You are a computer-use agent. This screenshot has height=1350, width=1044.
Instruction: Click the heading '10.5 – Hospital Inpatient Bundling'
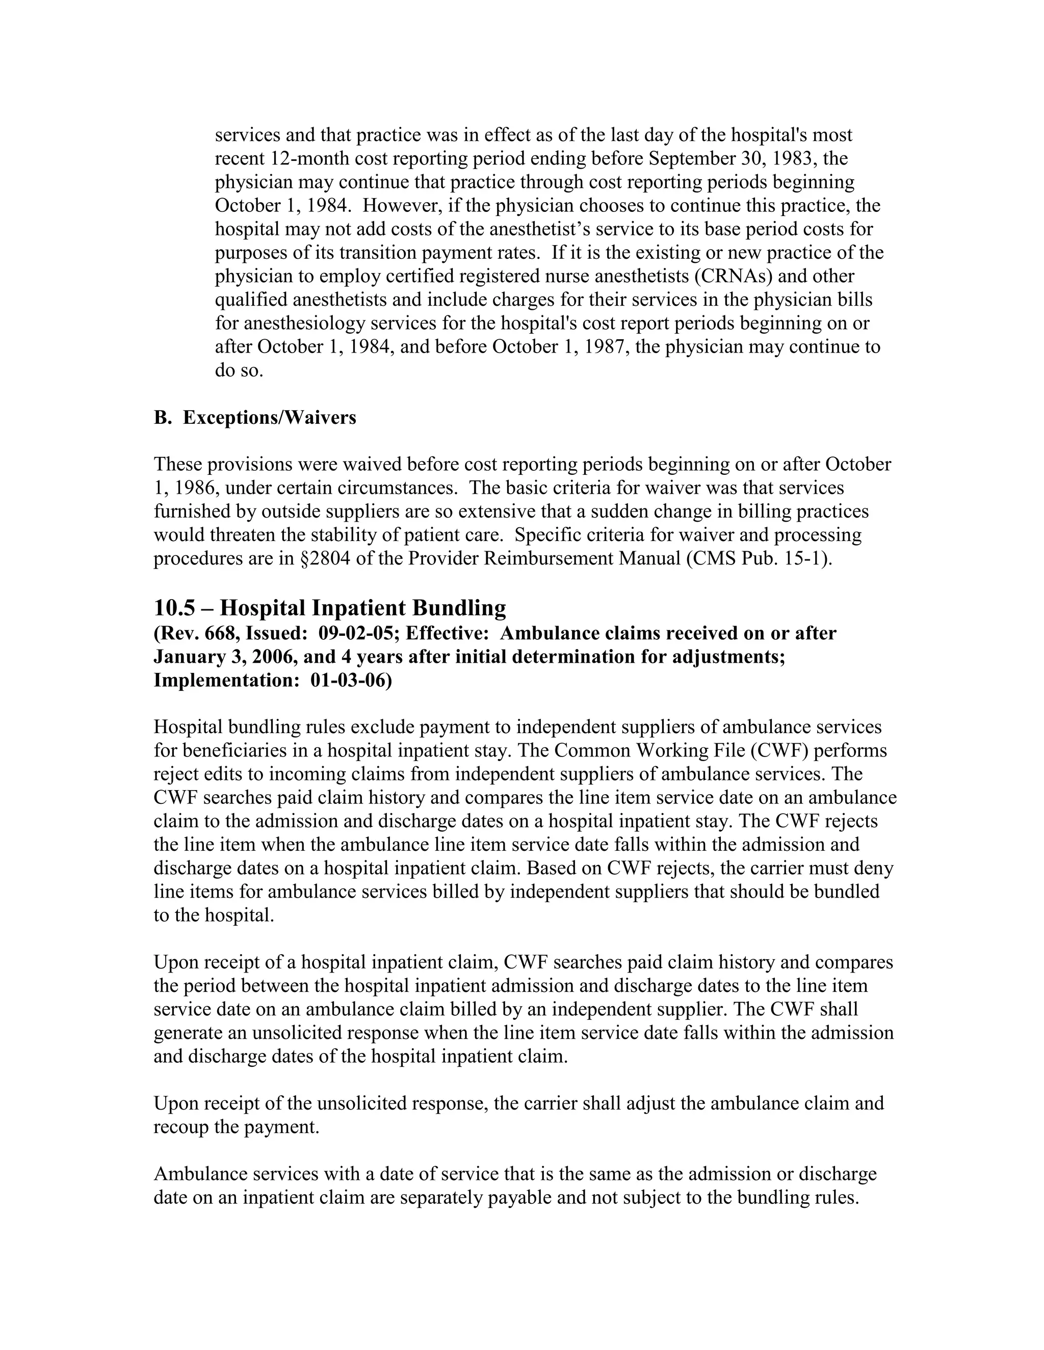click(x=330, y=608)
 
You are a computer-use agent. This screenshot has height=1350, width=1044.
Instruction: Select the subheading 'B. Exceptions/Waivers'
click(x=255, y=418)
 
